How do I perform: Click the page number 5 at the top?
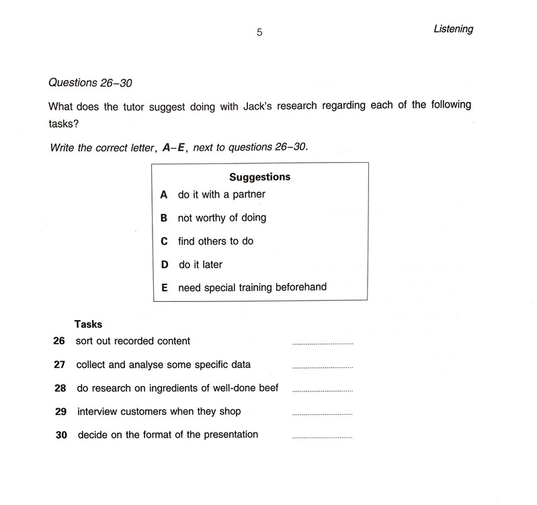259,32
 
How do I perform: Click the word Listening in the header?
454,29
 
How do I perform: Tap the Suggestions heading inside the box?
260,178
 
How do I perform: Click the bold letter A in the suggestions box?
163,195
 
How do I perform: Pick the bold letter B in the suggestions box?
163,218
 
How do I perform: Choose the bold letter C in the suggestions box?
163,241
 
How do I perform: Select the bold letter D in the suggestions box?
164,265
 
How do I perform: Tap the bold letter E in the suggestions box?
164,288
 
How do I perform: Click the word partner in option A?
248,195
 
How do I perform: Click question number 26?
58,341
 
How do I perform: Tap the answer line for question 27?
323,368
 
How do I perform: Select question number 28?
58,389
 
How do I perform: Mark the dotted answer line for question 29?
323,414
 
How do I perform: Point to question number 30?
61,435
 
